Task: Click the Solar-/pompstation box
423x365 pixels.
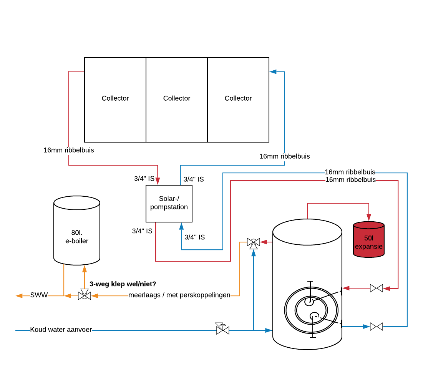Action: click(x=169, y=203)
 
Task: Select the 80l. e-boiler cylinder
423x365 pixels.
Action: click(x=77, y=231)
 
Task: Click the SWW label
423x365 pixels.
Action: click(x=39, y=295)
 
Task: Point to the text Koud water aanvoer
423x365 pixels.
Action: click(x=61, y=330)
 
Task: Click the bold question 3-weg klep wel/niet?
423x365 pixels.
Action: click(x=123, y=284)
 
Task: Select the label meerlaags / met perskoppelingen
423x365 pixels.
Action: click(x=179, y=295)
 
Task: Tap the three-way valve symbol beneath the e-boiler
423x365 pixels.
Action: click(x=84, y=295)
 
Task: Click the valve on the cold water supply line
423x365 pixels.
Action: click(x=222, y=329)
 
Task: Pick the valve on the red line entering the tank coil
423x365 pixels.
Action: click(x=376, y=288)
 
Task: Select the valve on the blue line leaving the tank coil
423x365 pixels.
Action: click(x=376, y=327)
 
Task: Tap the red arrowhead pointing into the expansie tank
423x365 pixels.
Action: click(x=369, y=218)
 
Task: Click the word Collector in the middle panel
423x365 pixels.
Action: click(x=177, y=98)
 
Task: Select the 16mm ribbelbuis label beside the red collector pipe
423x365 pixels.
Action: click(x=69, y=150)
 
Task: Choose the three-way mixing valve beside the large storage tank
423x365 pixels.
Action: click(x=253, y=242)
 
